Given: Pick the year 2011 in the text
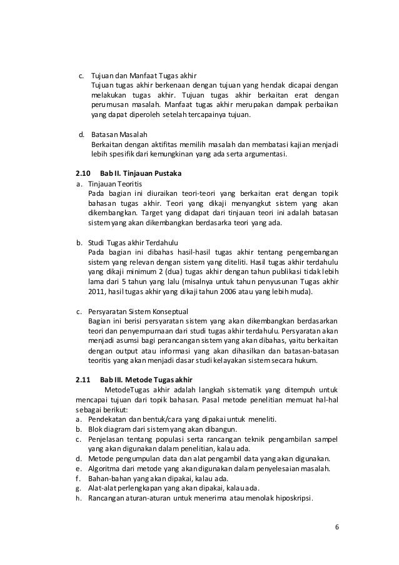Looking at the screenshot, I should point(98,291).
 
